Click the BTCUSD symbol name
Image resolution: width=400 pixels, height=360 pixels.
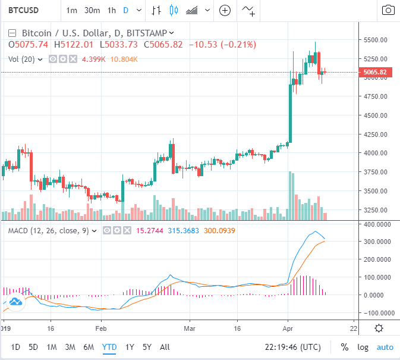tap(23, 10)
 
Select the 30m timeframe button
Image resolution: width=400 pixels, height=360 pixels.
tap(92, 10)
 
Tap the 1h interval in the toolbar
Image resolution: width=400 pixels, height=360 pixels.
tap(112, 10)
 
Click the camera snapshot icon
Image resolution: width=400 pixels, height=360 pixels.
tap(388, 10)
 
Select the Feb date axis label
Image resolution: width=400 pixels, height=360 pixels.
tap(100, 328)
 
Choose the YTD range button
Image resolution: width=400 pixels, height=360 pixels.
tap(109, 347)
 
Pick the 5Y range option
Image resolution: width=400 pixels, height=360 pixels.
tap(147, 347)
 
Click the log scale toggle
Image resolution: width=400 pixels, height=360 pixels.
tap(363, 347)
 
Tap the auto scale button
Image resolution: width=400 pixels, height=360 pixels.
tap(385, 347)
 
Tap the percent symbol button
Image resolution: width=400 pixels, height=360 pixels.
tap(345, 347)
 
